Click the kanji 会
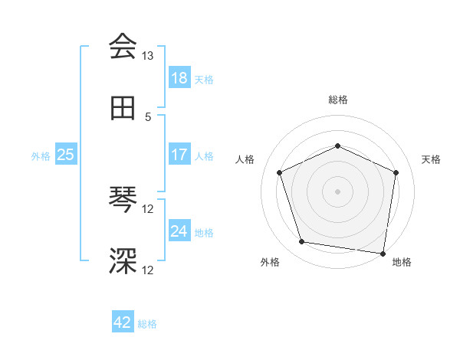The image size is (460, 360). pyautogui.click(x=123, y=47)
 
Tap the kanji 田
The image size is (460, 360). pyautogui.click(x=123, y=109)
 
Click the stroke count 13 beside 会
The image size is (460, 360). pyautogui.click(x=148, y=56)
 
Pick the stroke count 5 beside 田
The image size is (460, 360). pyautogui.click(x=148, y=116)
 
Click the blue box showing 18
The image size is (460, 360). pyautogui.click(x=179, y=78)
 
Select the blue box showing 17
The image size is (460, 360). pyautogui.click(x=179, y=155)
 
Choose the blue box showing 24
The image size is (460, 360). pyautogui.click(x=179, y=231)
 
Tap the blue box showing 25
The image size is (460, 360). pyautogui.click(x=66, y=155)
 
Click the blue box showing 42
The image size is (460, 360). pyautogui.click(x=123, y=322)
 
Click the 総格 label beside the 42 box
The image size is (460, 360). pyautogui.click(x=147, y=324)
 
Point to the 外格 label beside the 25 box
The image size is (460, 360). pyautogui.click(x=41, y=156)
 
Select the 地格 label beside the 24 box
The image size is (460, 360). pyautogui.click(x=204, y=233)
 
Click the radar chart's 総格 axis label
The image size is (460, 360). pyautogui.click(x=337, y=100)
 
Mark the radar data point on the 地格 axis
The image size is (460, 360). pyautogui.click(x=383, y=253)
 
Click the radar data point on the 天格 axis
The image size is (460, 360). pyautogui.click(x=396, y=172)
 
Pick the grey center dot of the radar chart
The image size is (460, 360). pyautogui.click(x=337, y=191)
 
